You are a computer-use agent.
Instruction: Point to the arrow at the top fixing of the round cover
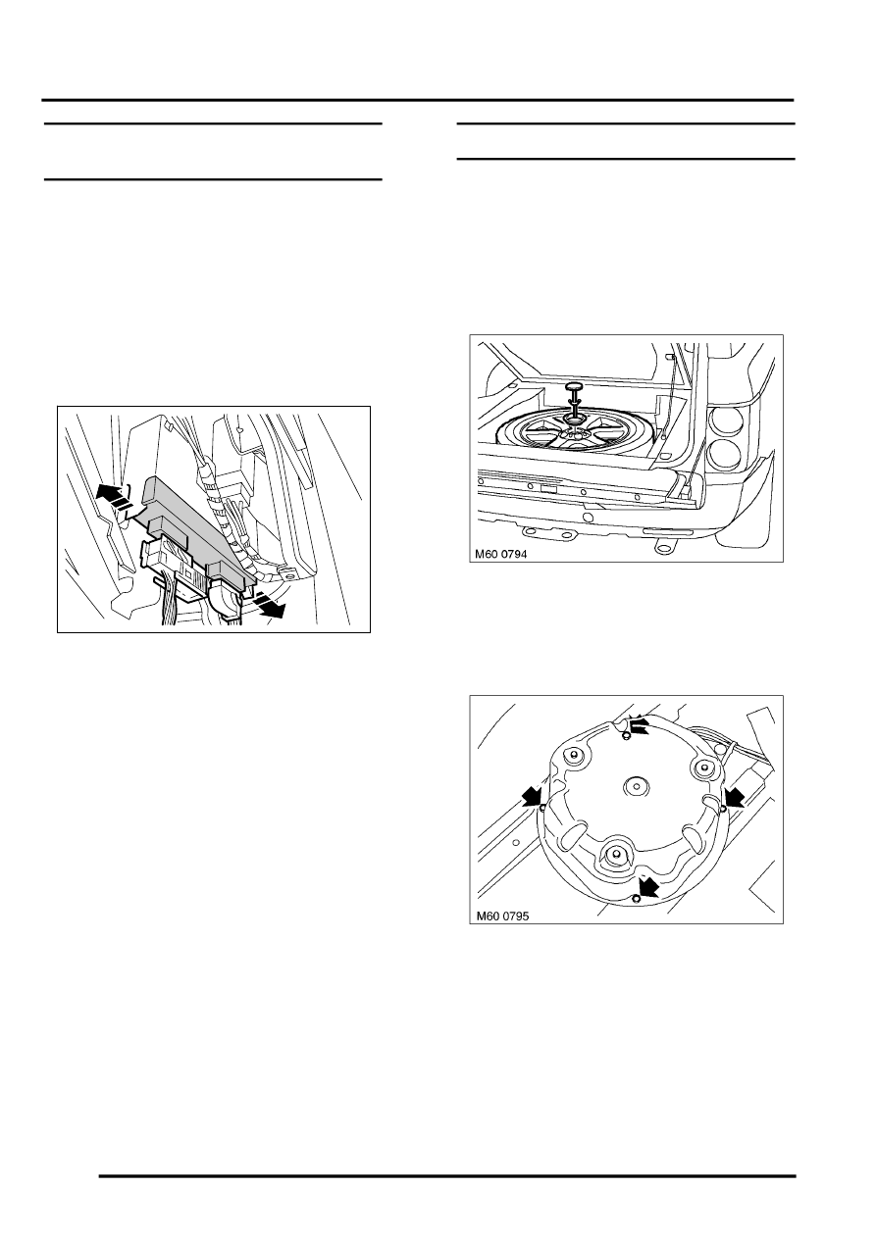tap(640, 726)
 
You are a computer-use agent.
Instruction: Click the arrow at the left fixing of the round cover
tap(531, 794)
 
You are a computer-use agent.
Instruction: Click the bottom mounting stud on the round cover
tap(615, 854)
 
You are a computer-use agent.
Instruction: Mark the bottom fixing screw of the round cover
tap(636, 897)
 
